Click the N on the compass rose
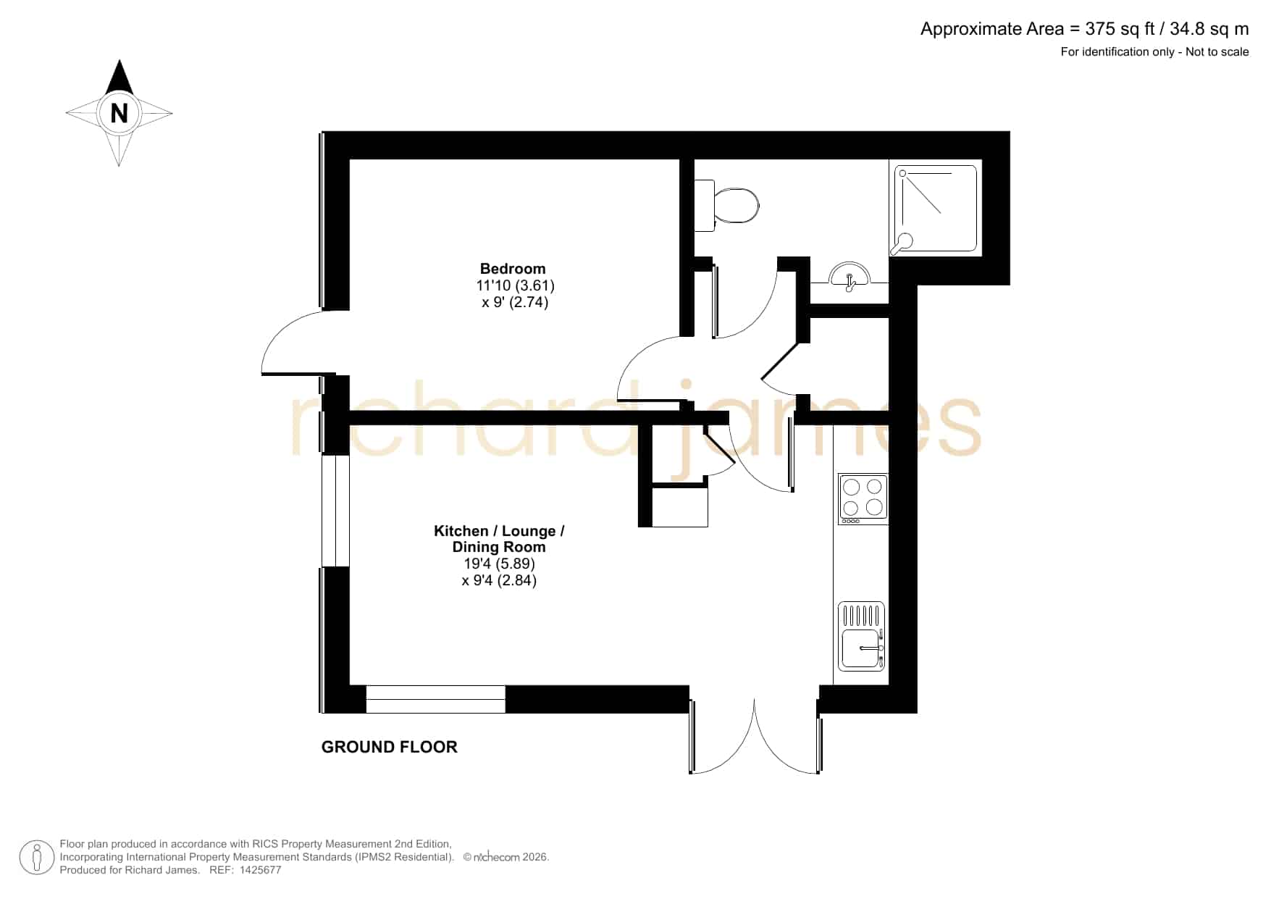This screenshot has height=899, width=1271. [119, 114]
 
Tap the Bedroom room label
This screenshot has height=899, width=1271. [513, 269]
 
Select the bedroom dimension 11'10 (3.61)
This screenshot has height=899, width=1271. [515, 285]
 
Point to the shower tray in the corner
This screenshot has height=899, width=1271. [936, 209]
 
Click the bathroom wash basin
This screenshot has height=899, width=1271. [850, 276]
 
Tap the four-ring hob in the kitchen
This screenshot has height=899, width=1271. [863, 498]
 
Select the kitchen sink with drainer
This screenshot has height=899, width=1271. [862, 636]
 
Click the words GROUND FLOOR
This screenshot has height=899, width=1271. [389, 747]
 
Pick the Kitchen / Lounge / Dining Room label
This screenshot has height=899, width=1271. [499, 539]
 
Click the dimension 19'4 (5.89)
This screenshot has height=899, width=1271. [499, 564]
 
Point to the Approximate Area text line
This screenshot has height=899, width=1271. [1084, 29]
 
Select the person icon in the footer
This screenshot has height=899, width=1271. [36, 858]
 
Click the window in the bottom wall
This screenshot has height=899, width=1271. [435, 699]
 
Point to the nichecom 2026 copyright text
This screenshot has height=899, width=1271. [506, 857]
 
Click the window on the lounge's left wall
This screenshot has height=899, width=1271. [335, 510]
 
